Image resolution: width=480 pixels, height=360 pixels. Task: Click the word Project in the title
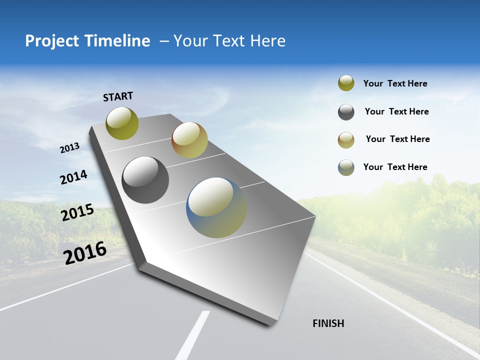pos(52,41)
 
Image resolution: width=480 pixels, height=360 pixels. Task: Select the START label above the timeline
pos(118,96)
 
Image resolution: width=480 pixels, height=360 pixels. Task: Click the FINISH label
pos(328,323)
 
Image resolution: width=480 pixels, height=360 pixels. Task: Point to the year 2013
pos(69,148)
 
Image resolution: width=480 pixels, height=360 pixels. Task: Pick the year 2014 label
pos(73,177)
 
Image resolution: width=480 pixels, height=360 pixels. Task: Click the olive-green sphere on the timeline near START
pos(122,123)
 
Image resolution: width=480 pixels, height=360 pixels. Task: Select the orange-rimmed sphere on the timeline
pos(189,140)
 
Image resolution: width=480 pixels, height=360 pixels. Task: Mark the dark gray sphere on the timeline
pos(145,180)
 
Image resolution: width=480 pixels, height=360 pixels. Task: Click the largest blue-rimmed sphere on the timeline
pos(216,207)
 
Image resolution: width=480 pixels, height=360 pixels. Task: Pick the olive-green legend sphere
pos(346,83)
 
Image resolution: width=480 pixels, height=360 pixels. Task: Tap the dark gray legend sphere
pos(346,112)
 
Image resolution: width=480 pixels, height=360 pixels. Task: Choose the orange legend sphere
pos(346,140)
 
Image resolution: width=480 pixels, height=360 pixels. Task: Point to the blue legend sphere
pos(346,167)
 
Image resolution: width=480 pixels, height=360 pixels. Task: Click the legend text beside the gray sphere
pos(396,111)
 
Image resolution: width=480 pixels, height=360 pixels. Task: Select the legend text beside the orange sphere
pos(397,139)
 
